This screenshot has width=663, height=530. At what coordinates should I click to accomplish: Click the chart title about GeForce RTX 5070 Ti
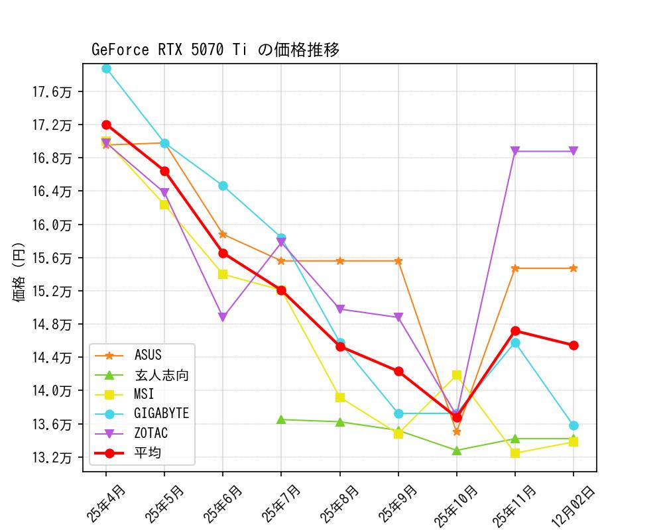(x=215, y=50)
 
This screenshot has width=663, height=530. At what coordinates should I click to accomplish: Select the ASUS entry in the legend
(x=147, y=356)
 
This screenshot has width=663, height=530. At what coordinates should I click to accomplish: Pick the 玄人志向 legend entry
(x=161, y=375)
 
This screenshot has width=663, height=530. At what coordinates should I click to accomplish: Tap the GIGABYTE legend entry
(x=161, y=413)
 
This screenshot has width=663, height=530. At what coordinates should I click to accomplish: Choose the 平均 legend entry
(x=147, y=453)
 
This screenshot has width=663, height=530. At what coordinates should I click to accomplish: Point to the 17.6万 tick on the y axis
(x=52, y=91)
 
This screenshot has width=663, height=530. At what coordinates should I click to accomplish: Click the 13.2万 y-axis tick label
(x=52, y=457)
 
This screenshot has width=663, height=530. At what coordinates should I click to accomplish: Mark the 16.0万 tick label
(x=52, y=225)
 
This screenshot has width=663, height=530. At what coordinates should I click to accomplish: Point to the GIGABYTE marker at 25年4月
(x=106, y=68)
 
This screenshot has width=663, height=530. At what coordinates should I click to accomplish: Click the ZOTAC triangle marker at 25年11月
(x=515, y=151)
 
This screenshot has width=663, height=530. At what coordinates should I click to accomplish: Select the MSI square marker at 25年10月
(x=457, y=375)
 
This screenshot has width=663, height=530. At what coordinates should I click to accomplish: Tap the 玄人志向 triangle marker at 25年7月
(x=281, y=419)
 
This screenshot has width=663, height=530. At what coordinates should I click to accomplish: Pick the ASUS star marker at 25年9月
(x=398, y=261)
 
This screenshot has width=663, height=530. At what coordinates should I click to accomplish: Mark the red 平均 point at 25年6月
(x=223, y=253)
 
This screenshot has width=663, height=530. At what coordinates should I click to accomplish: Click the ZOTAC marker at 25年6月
(x=223, y=317)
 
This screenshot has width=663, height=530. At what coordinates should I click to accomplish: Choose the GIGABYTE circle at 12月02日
(x=573, y=425)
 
